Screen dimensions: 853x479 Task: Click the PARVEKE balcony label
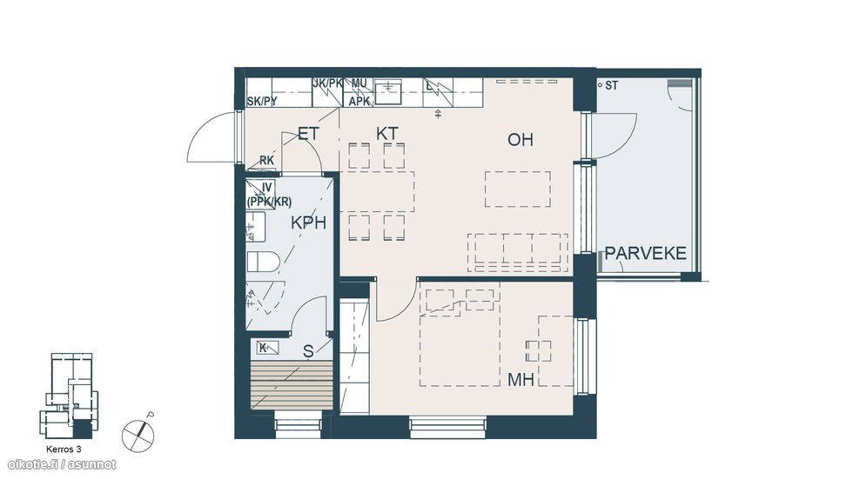645,254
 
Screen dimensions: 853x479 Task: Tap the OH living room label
521,140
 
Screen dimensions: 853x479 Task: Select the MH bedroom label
521,380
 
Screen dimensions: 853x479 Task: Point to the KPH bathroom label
308,223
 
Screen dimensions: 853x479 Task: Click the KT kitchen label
387,134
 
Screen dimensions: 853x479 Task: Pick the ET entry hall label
308,134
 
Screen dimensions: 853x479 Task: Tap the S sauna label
308,351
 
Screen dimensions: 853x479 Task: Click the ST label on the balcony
611,85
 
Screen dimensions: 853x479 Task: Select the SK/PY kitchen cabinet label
262,102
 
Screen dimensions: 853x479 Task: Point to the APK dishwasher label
359,101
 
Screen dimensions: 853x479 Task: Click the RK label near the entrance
266,161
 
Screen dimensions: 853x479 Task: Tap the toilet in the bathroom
263,261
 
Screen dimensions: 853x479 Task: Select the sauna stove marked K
268,348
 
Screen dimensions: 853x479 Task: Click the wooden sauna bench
291,386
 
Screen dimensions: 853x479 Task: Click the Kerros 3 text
64,449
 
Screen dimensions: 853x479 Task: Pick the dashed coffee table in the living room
517,189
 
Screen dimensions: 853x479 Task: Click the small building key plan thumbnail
69,396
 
